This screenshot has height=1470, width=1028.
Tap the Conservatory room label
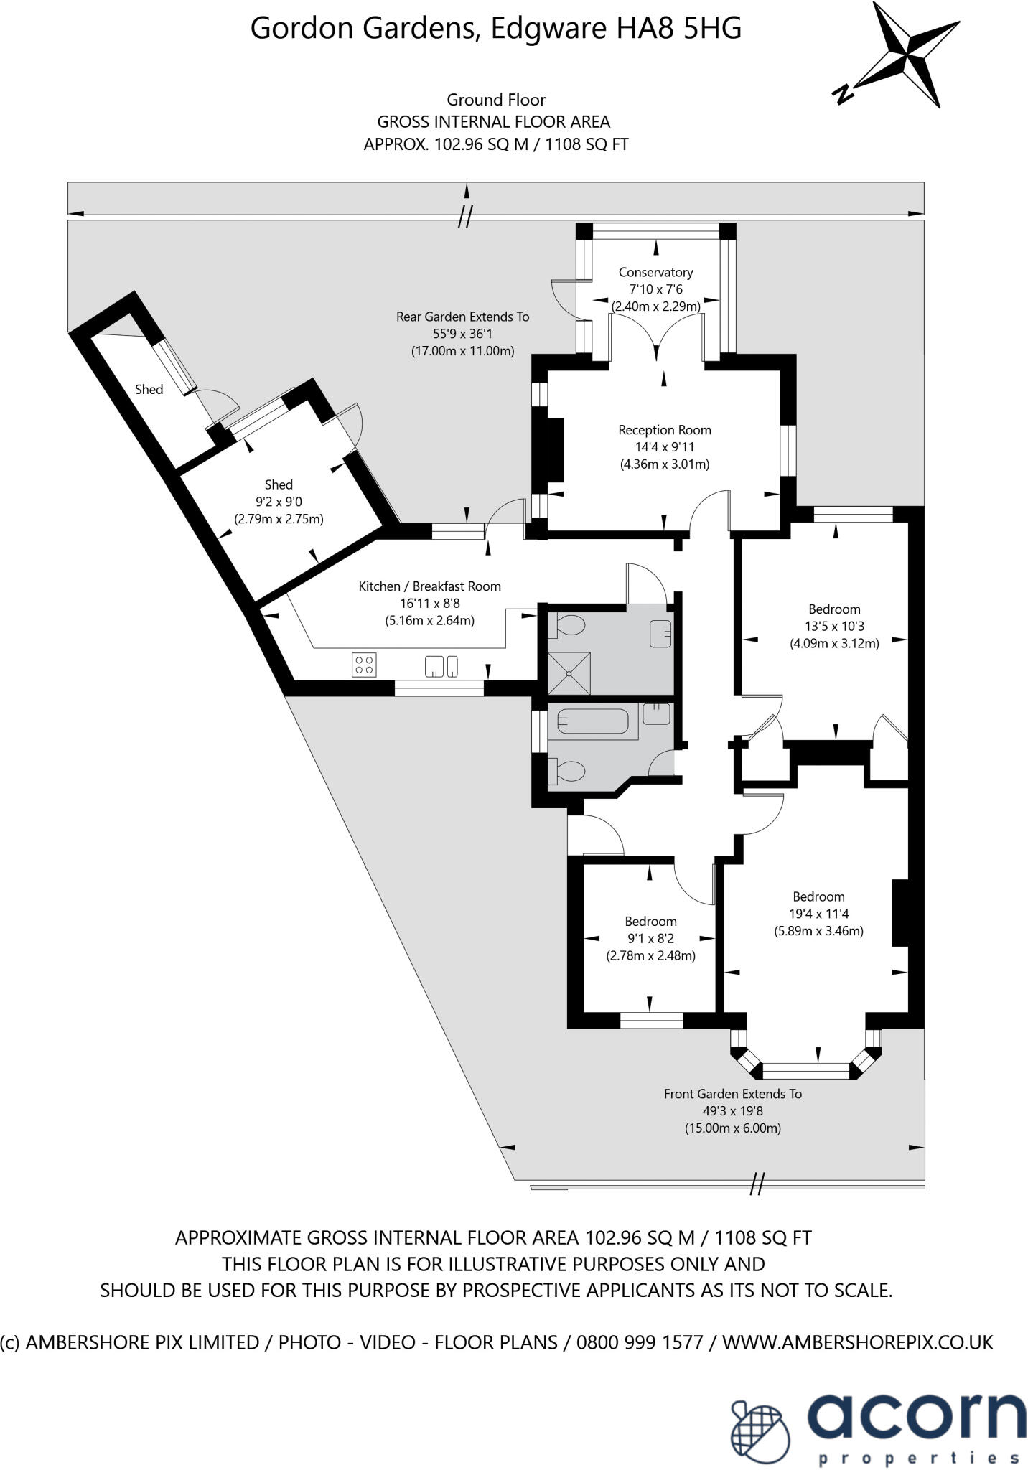655,273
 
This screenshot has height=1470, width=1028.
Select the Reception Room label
665,431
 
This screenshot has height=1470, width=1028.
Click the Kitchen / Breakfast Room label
429,586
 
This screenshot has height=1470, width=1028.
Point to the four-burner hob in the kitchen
364,664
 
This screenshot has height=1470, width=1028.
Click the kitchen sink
441,666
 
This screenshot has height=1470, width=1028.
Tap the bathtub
592,721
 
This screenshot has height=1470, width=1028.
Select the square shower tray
569,673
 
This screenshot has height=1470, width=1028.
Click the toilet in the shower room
568,626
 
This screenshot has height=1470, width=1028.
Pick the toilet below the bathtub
567,772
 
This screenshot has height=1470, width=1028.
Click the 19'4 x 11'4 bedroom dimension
818,914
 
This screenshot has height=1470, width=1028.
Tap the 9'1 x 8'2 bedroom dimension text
650,939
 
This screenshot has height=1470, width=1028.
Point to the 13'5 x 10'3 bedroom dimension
834,627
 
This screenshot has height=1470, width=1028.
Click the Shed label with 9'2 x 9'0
279,485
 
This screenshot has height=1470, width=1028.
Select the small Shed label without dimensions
149,390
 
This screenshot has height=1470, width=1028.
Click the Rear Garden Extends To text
462,317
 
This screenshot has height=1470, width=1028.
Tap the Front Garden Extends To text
732,1094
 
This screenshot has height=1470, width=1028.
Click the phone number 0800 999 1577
640,1342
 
